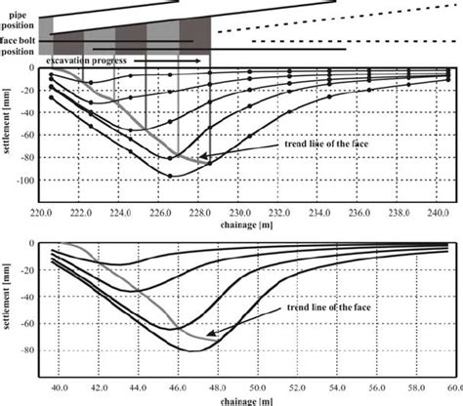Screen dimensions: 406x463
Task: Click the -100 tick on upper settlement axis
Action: [x=23, y=182]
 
